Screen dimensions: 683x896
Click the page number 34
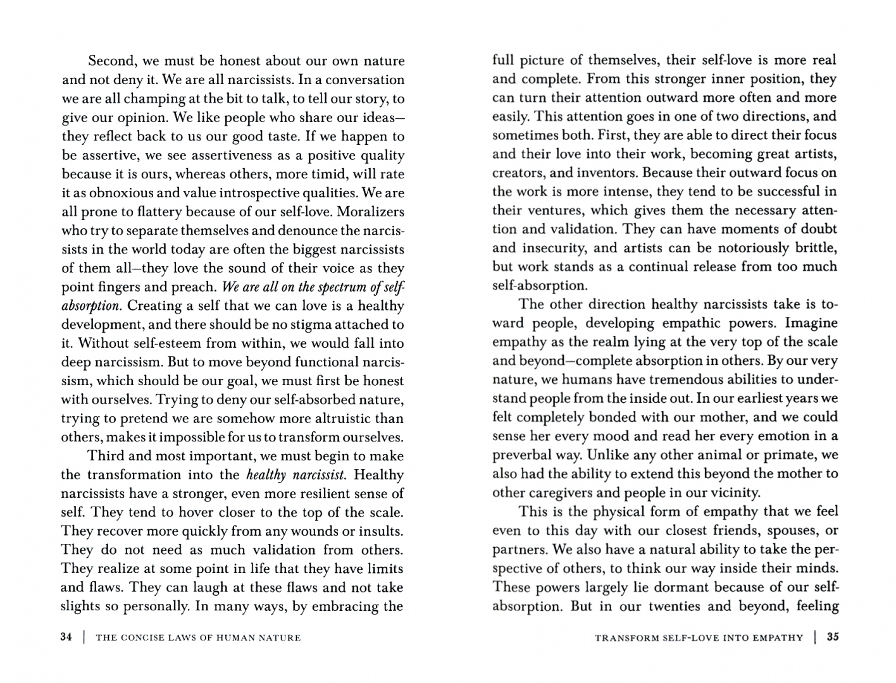point(66,637)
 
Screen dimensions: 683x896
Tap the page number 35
point(833,637)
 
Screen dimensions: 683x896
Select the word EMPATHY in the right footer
point(777,637)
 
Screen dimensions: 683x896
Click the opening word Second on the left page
point(113,61)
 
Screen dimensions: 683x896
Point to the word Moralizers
point(366,211)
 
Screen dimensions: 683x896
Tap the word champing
point(153,99)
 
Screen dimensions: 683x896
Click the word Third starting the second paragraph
point(106,456)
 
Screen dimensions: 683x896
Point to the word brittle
point(814,247)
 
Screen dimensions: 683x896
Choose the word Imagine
point(811,323)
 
